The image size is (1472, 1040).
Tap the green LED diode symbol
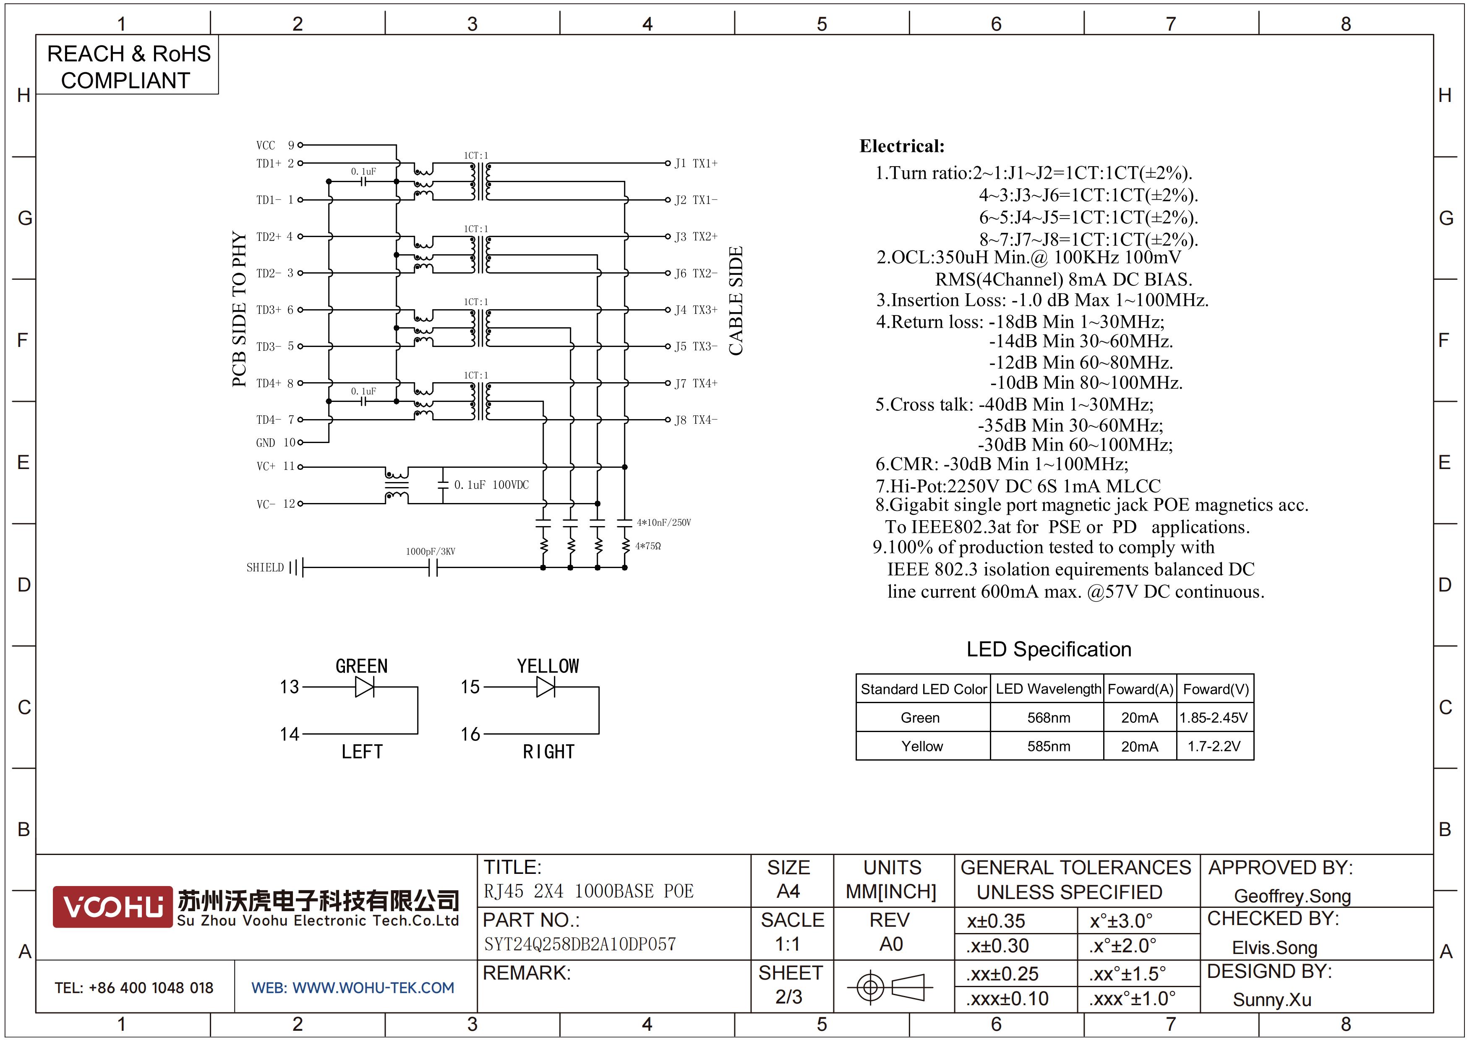click(x=364, y=687)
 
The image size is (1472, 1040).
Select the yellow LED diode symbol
click(x=545, y=687)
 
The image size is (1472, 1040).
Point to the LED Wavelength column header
click(x=1048, y=689)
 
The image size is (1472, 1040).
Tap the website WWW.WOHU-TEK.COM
click(x=352, y=988)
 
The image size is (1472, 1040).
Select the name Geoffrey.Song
click(x=1292, y=896)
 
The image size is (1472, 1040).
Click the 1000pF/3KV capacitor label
click(x=430, y=551)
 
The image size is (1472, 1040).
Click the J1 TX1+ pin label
click(x=696, y=163)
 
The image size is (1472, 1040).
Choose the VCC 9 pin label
click(x=275, y=146)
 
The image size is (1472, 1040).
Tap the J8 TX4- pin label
click(x=696, y=420)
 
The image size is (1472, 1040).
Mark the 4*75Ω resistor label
click(x=648, y=546)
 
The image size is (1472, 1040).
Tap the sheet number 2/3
click(x=788, y=996)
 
